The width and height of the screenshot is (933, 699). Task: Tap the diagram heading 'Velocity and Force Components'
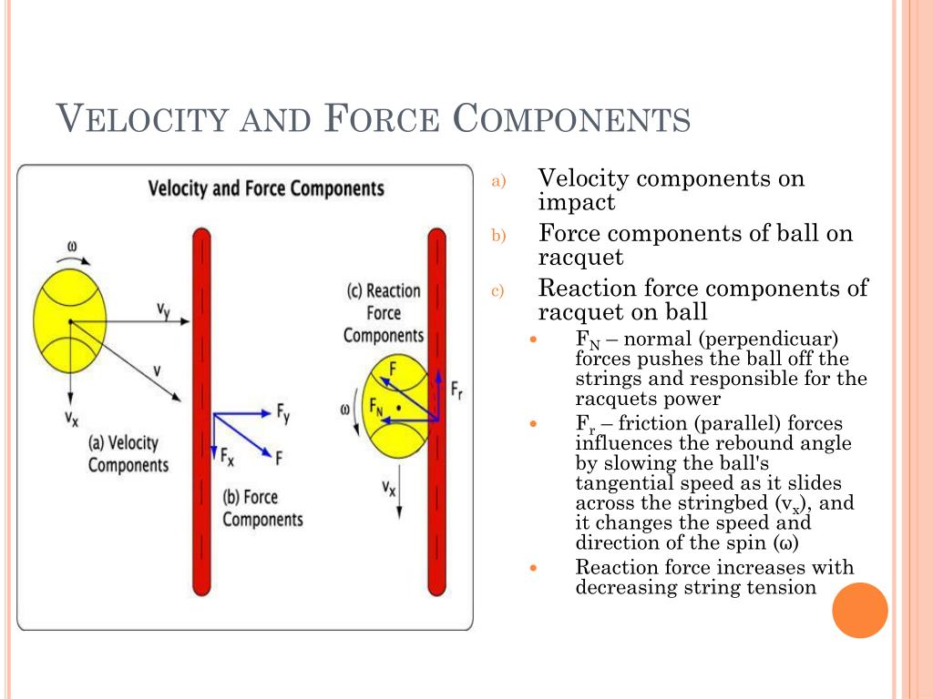click(266, 189)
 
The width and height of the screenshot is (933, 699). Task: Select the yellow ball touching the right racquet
click(395, 408)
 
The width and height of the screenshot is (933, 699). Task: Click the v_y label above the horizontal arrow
click(163, 310)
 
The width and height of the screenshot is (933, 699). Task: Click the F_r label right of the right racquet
click(456, 390)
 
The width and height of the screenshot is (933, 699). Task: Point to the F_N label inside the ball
click(375, 407)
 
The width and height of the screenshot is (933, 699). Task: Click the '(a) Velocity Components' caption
click(128, 453)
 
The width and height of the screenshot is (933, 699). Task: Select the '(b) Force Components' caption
click(262, 508)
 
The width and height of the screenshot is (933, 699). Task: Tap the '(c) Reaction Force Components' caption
click(384, 313)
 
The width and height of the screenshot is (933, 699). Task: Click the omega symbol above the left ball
click(72, 246)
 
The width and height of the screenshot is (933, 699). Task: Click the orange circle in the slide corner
click(859, 610)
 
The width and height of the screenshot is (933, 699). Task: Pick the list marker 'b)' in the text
click(498, 237)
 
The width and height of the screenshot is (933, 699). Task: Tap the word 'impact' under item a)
click(576, 202)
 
